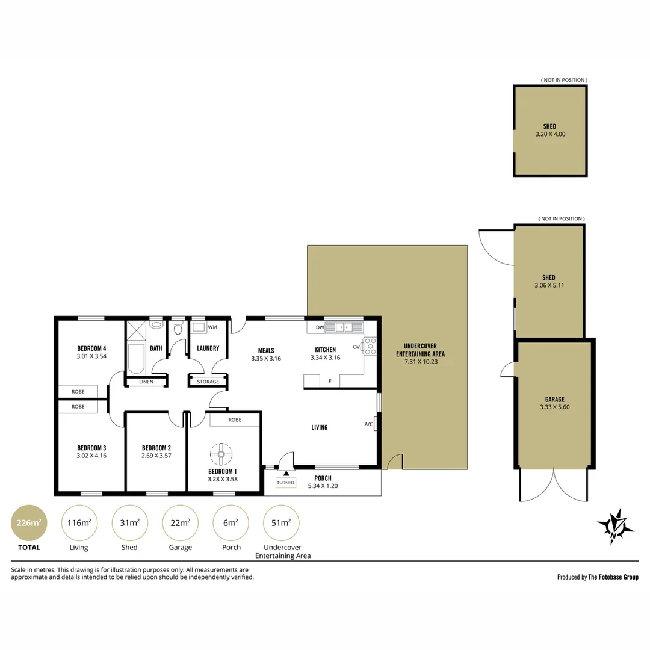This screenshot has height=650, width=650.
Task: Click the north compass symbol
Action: point(615,527)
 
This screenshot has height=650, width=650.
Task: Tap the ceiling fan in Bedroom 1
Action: point(221,454)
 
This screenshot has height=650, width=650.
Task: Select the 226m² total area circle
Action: point(29,523)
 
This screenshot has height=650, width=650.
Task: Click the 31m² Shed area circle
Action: point(130,523)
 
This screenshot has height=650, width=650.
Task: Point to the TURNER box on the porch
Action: point(286,483)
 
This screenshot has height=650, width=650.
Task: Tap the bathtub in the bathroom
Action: point(136,358)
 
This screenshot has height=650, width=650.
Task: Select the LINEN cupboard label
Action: point(146,382)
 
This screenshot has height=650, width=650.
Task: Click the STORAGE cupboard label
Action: point(208,382)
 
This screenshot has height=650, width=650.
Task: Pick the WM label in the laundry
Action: point(212,327)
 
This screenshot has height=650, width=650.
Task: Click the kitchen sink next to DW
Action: point(344,327)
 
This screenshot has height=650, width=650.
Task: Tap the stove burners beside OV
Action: point(370,347)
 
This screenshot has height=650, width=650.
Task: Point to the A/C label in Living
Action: point(368,424)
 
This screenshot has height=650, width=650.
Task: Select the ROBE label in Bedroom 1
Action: point(235,420)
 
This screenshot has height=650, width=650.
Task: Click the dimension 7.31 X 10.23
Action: point(421,362)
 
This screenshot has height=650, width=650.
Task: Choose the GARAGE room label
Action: point(555,400)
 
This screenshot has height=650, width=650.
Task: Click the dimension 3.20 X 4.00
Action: point(551,134)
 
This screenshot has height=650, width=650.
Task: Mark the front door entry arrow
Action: point(286,473)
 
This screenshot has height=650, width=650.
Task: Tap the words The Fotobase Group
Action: point(613,577)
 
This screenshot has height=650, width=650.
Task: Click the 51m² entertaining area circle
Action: point(281,523)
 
